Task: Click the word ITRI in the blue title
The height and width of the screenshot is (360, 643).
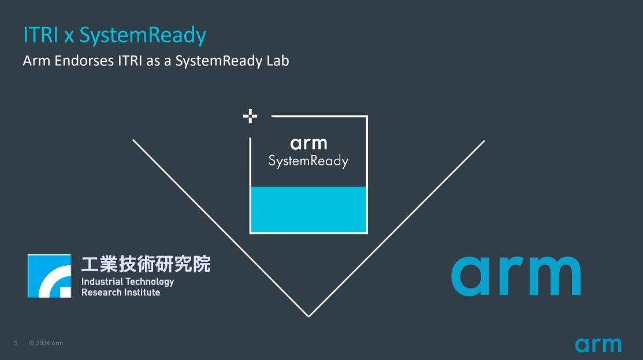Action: (x=40, y=35)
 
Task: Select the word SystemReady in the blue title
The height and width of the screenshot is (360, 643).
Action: (x=143, y=36)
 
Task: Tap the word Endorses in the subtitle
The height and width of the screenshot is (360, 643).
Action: (x=84, y=61)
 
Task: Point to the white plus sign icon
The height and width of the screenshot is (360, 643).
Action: (x=250, y=117)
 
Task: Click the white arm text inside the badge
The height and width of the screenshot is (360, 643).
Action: (x=309, y=143)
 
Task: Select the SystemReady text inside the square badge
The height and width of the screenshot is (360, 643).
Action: (x=309, y=161)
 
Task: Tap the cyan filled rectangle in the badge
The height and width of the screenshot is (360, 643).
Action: (x=309, y=210)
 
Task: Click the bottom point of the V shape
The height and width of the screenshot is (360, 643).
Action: (x=309, y=317)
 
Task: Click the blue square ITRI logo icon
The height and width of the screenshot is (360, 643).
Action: (x=50, y=276)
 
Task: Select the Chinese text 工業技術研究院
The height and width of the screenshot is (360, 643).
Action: (x=146, y=264)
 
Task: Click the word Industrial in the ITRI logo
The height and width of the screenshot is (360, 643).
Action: (x=102, y=281)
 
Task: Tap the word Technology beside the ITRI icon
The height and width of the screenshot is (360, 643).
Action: (x=150, y=282)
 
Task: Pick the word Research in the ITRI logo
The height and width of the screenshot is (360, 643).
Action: (x=99, y=292)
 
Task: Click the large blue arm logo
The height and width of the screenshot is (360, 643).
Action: (x=516, y=276)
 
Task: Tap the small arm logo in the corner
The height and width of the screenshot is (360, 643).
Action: (x=599, y=345)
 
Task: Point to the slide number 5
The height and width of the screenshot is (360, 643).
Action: (x=16, y=343)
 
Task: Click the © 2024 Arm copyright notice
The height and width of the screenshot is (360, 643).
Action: (x=46, y=343)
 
